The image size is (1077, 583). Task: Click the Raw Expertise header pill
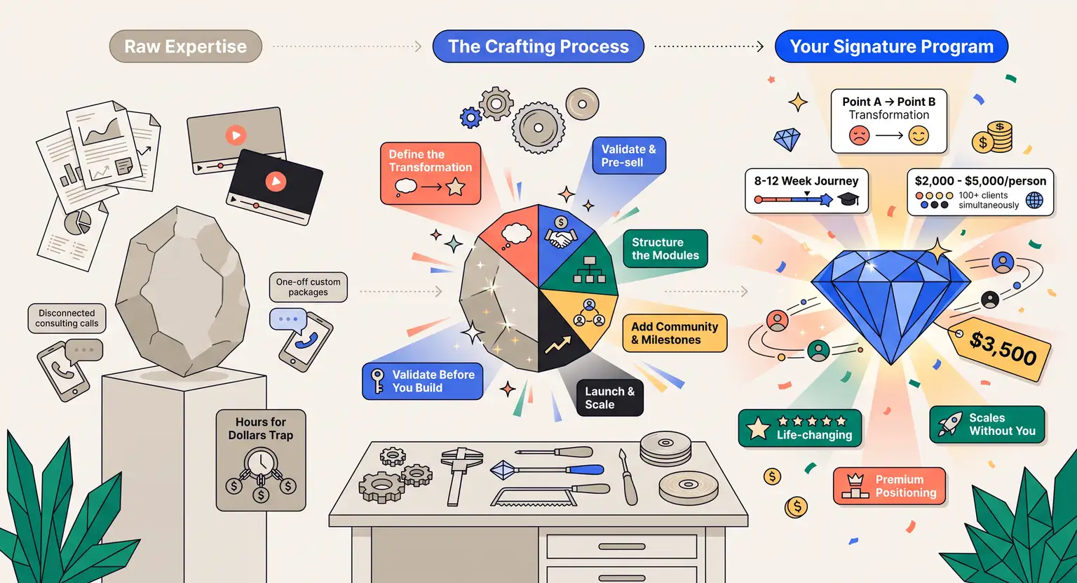[186, 46]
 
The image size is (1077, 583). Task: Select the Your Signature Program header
[891, 46]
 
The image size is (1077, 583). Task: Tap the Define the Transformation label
[431, 173]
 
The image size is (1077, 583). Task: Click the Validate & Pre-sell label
[629, 155]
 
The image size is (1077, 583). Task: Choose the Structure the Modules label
[665, 248]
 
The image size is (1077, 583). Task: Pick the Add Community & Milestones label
[675, 333]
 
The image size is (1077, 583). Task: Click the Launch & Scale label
[609, 398]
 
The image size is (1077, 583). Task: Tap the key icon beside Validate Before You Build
[378, 381]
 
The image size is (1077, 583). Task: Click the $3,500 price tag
[1000, 349]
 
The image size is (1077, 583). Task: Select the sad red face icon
[859, 135]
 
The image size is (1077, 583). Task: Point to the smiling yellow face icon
[919, 135]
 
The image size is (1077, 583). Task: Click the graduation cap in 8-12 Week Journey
[848, 199]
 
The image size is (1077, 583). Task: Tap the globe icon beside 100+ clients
[1034, 200]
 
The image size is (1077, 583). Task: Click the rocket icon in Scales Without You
[950, 424]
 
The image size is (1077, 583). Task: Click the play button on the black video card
[276, 181]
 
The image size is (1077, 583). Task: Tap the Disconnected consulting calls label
[67, 318]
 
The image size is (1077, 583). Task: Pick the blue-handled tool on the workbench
[547, 469]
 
